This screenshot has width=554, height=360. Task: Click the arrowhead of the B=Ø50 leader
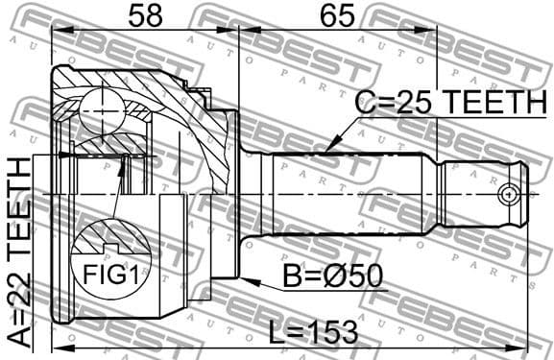pyautogui.click(x=243, y=280)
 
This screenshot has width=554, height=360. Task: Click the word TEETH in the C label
pyautogui.click(x=490, y=102)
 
